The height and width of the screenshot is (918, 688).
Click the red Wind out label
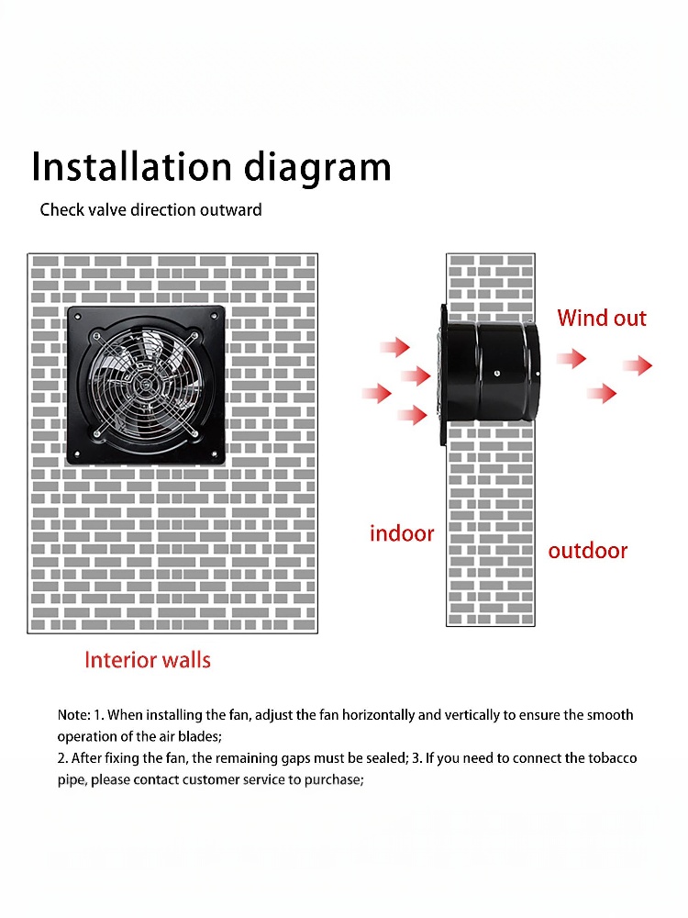point(602,318)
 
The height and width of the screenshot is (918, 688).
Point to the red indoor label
point(402,533)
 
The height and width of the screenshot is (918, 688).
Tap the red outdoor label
point(587,550)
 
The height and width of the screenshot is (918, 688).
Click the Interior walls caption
point(148,660)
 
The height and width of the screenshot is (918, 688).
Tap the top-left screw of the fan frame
point(77,317)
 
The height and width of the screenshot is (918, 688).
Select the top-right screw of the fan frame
point(214,317)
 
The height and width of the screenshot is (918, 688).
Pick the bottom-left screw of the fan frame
point(77,453)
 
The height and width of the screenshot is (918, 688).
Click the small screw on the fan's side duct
point(496,374)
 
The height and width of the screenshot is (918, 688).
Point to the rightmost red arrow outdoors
point(638,366)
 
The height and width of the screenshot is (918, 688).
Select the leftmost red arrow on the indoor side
point(377,393)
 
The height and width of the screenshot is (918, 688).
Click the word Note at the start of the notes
point(73,715)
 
